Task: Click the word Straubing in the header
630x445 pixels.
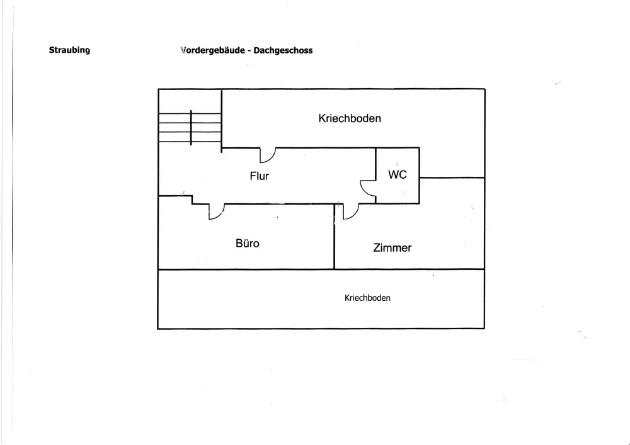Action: point(69,50)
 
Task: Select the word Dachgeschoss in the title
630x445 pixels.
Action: point(283,50)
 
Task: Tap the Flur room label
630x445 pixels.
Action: point(259,176)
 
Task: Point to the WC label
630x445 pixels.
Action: point(398,174)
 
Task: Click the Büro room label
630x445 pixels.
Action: point(248,244)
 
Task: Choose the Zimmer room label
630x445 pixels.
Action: point(392,248)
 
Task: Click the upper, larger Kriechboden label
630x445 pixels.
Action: point(350,118)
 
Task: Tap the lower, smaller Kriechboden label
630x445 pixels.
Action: point(367,298)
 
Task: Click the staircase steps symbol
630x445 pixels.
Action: point(190,128)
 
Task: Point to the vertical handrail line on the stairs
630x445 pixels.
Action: point(191,128)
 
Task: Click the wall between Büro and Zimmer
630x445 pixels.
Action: point(335,236)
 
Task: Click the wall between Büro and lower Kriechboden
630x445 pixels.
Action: point(246,269)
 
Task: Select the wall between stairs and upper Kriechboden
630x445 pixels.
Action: point(221,121)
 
